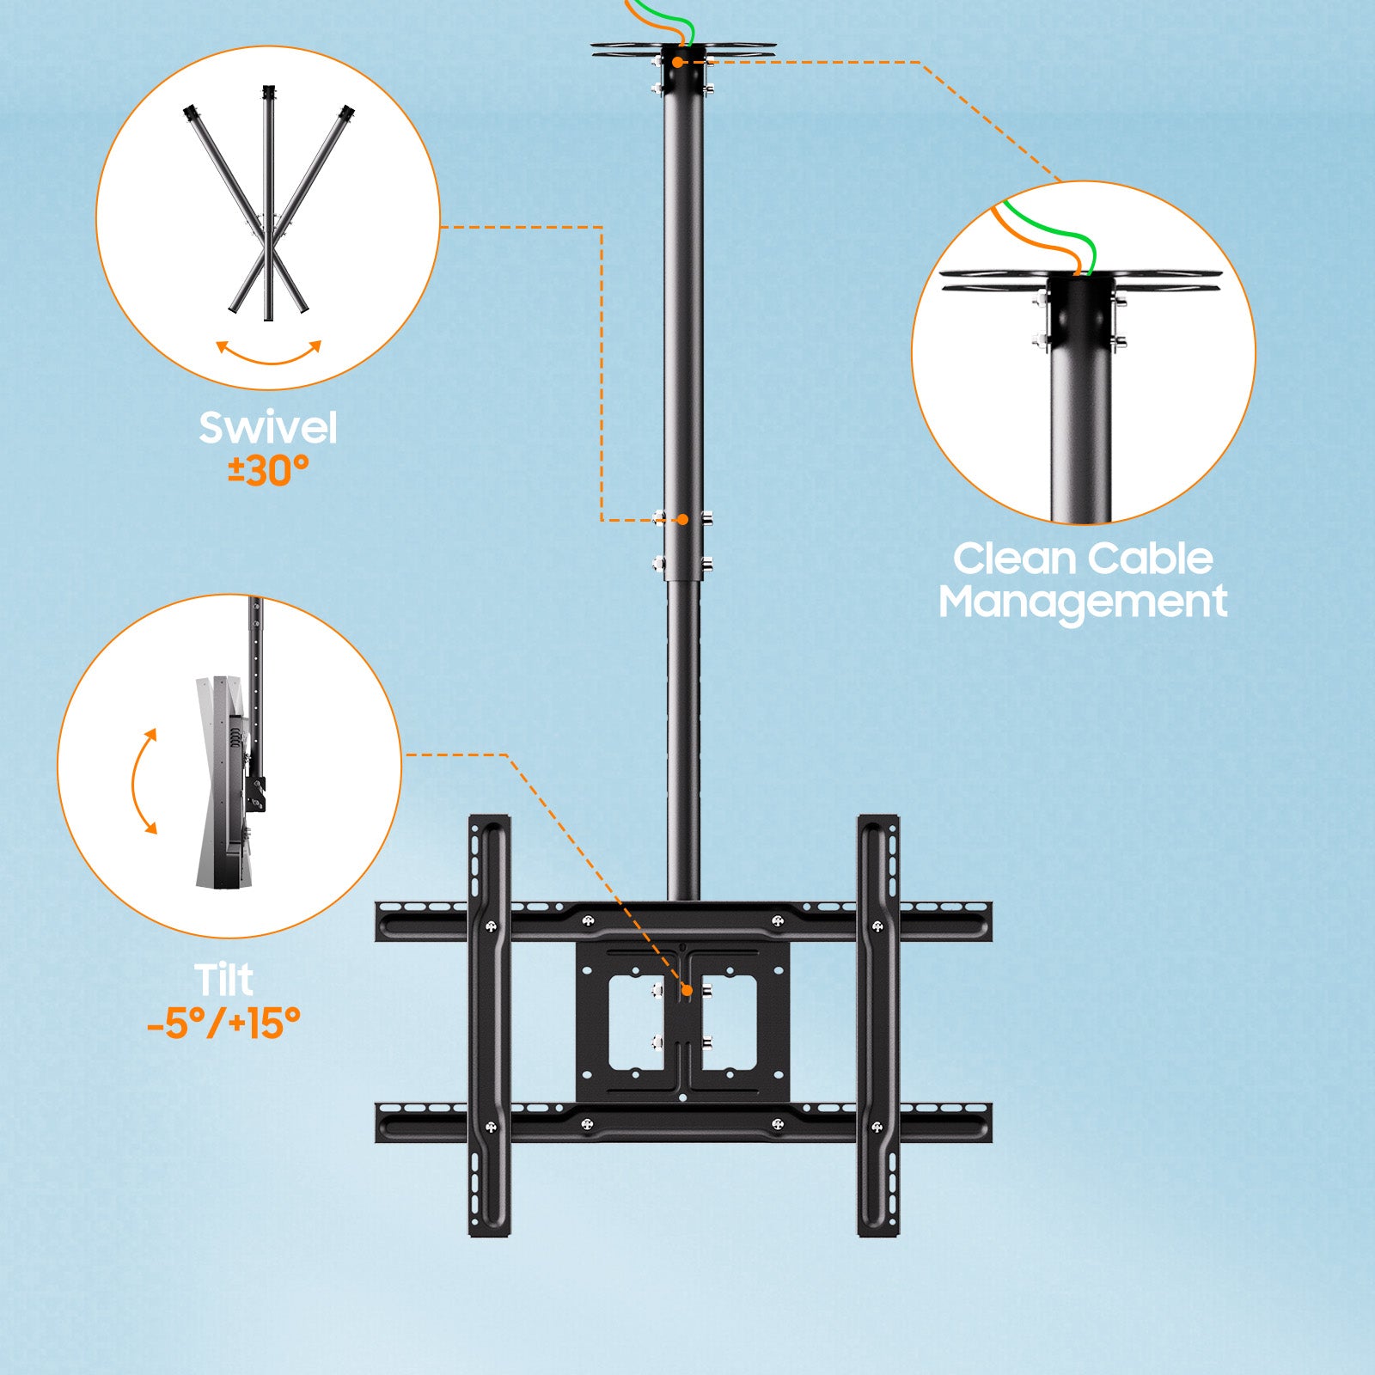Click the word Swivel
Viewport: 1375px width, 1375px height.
[268, 428]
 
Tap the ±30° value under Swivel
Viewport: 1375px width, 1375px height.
[268, 470]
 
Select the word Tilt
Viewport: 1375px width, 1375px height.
[223, 980]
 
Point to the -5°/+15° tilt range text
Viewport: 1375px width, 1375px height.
[223, 1023]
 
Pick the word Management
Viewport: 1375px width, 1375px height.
[1083, 602]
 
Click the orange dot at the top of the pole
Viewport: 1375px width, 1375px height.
[678, 62]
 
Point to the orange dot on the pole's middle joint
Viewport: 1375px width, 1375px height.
[682, 519]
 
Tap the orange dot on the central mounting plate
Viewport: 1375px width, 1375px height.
[687, 991]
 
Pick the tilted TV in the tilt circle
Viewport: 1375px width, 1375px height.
[225, 782]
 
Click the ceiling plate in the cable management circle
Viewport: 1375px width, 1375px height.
[1081, 280]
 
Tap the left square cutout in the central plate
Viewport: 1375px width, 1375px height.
[636, 1023]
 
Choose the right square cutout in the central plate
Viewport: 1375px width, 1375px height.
[729, 1023]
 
